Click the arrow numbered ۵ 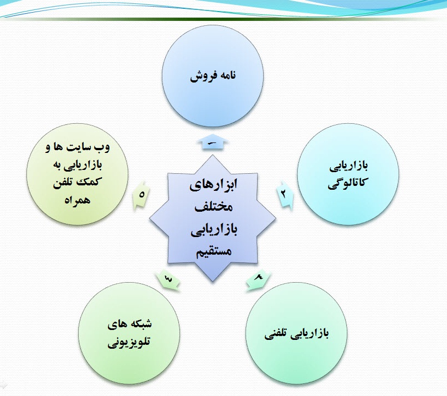141,195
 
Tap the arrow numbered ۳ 168,279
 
